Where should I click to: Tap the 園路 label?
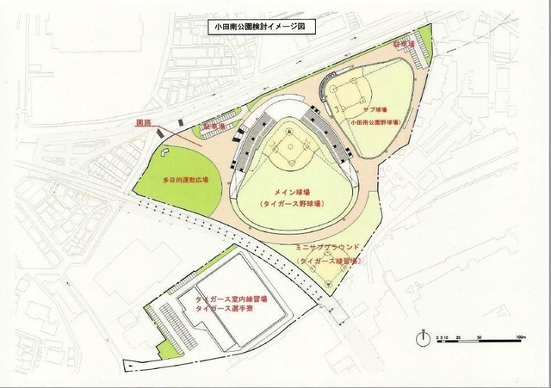point(144,122)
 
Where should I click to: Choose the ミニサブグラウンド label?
point(326,248)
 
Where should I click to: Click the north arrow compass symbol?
point(423,337)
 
